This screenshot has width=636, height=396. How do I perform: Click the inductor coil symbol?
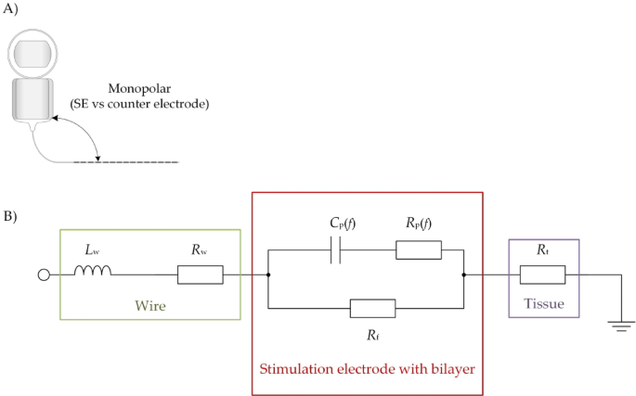94,272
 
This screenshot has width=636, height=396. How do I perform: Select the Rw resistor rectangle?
200,275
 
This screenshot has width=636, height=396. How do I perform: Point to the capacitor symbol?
337,249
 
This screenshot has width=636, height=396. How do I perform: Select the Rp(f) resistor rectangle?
418,249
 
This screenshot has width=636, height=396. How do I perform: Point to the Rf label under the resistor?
372,333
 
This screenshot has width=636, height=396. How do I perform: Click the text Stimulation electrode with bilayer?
368,369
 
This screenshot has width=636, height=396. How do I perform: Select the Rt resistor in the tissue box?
543,275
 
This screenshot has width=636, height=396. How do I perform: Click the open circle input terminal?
43,275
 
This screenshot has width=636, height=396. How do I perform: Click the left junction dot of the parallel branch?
267,275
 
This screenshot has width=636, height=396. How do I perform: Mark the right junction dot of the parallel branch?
463,275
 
